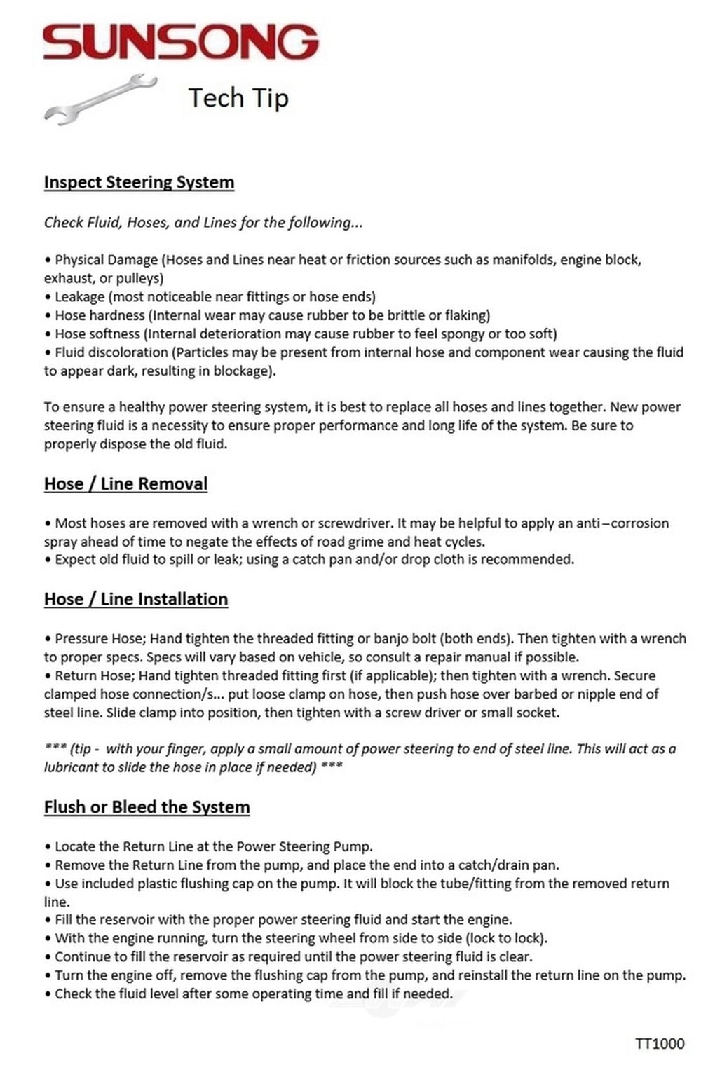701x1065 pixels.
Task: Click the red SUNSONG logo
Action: [181, 42]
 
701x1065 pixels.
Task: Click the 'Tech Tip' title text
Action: [238, 98]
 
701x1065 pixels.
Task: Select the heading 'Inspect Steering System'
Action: [139, 182]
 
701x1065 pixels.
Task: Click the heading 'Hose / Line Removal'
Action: [125, 483]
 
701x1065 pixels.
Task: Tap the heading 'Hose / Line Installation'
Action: [136, 599]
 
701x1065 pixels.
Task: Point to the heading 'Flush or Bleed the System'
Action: [147, 806]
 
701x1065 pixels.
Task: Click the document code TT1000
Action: [660, 1043]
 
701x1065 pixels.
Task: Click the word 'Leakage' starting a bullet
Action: [79, 297]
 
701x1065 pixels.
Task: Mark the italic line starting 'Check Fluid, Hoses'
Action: [203, 223]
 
